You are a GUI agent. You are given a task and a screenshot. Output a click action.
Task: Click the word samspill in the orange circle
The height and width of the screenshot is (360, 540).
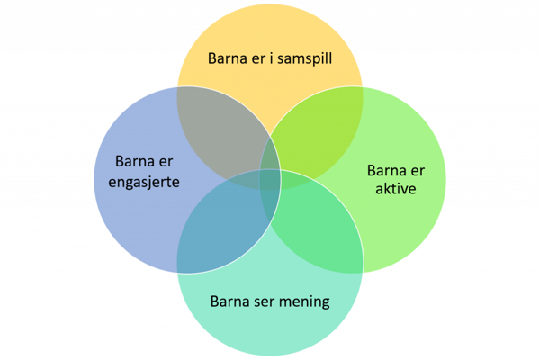[x=302, y=60]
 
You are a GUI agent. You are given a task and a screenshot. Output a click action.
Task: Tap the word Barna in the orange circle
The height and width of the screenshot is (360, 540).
[x=228, y=59]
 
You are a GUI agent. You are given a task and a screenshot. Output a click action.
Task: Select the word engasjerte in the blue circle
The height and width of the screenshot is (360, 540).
[x=138, y=182]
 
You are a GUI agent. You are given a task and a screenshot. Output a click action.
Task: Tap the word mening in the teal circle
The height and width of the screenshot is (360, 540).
[x=301, y=301]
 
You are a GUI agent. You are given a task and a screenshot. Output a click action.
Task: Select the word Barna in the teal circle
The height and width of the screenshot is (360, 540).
[x=229, y=301]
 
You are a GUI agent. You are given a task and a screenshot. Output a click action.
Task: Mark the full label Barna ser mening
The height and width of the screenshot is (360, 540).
[x=270, y=301]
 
